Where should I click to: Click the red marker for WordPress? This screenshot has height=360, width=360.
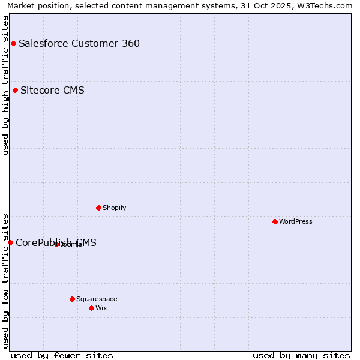pyautogui.click(x=275, y=221)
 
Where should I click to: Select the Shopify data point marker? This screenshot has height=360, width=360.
pyautogui.click(x=98, y=208)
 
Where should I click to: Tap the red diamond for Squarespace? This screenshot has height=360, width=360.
pyautogui.click(x=72, y=299)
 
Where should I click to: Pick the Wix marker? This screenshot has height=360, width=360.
pyautogui.click(x=91, y=308)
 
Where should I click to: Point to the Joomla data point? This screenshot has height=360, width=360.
pyautogui.click(x=56, y=244)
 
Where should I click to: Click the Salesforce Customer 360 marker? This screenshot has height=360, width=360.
pyautogui.click(x=13, y=43)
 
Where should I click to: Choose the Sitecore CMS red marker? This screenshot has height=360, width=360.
pyautogui.click(x=15, y=91)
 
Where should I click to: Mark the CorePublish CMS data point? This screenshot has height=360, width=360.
pyautogui.click(x=10, y=242)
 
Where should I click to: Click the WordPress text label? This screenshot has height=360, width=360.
pyautogui.click(x=296, y=221)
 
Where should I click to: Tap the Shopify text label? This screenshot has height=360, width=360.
pyautogui.click(x=114, y=208)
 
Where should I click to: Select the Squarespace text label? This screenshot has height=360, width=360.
pyautogui.click(x=97, y=299)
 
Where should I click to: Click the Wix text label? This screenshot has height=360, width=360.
pyautogui.click(x=101, y=308)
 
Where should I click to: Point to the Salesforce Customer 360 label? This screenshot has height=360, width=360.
pyautogui.click(x=79, y=43)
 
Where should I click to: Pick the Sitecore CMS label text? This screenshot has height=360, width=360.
pyautogui.click(x=52, y=91)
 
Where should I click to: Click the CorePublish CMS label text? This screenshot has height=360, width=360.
pyautogui.click(x=56, y=243)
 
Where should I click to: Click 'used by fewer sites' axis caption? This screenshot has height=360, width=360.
pyautogui.click(x=62, y=355)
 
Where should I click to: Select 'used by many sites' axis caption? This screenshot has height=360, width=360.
pyautogui.click(x=301, y=355)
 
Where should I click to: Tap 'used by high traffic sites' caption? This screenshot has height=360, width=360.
pyautogui.click(x=5, y=85)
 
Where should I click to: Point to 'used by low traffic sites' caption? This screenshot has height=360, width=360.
pyautogui.click(x=5, y=281)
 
